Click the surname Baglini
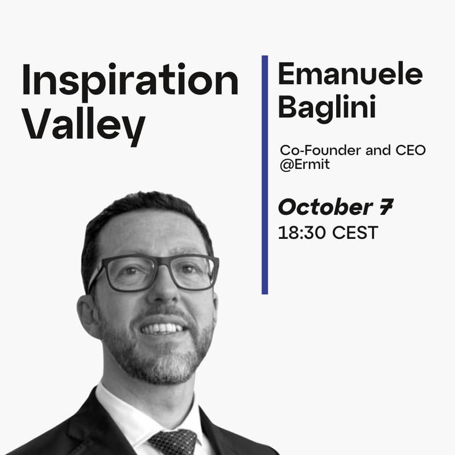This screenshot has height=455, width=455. click(326, 107)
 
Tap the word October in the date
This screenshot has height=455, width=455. click(324, 208)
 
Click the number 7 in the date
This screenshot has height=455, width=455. click(386, 208)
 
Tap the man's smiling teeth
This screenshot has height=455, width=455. click(163, 328)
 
